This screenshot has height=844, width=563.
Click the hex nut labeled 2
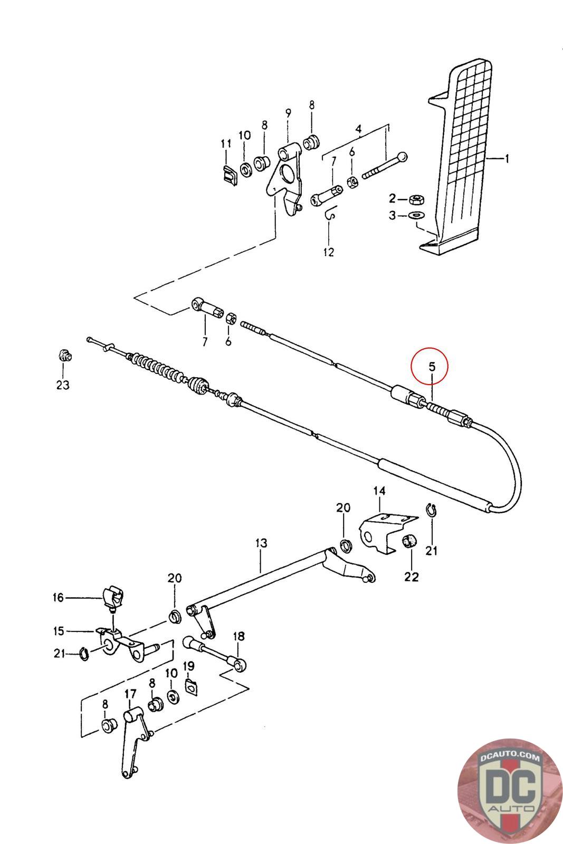[417, 199]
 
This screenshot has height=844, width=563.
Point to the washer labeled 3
[417, 215]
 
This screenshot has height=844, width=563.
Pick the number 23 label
[62, 385]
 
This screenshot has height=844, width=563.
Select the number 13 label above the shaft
[261, 543]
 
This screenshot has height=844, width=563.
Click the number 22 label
[412, 577]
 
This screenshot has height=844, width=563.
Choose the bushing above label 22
[411, 541]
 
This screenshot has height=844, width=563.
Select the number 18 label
[239, 637]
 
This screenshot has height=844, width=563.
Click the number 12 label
[328, 252]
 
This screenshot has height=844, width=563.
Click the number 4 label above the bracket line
[359, 128]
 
